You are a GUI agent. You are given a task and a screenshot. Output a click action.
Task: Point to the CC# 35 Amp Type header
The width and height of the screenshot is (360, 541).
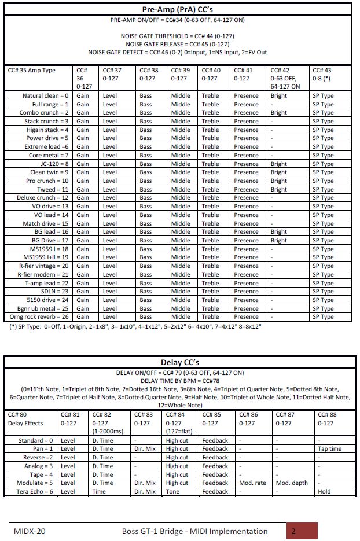[32, 71]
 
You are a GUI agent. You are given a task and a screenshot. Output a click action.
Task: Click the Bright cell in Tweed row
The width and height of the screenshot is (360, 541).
[278, 189]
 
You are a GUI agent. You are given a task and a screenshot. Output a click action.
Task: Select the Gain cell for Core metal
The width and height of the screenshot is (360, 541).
[83, 156]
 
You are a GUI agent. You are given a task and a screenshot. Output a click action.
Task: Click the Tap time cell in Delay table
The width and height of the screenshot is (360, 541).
[329, 449]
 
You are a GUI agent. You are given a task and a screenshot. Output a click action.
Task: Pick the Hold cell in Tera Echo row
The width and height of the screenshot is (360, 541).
[324, 492]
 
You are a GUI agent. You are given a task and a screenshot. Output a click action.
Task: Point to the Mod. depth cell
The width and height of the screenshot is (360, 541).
[293, 483]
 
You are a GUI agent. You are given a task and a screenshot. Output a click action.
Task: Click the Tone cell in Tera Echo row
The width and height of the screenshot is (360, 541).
[172, 492]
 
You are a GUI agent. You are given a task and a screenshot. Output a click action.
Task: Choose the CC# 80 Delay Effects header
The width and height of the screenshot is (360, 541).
[27, 419]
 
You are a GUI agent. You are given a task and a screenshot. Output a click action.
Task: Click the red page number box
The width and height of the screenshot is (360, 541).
[302, 531]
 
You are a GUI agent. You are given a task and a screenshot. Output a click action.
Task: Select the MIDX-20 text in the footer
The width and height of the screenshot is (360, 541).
[30, 531]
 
